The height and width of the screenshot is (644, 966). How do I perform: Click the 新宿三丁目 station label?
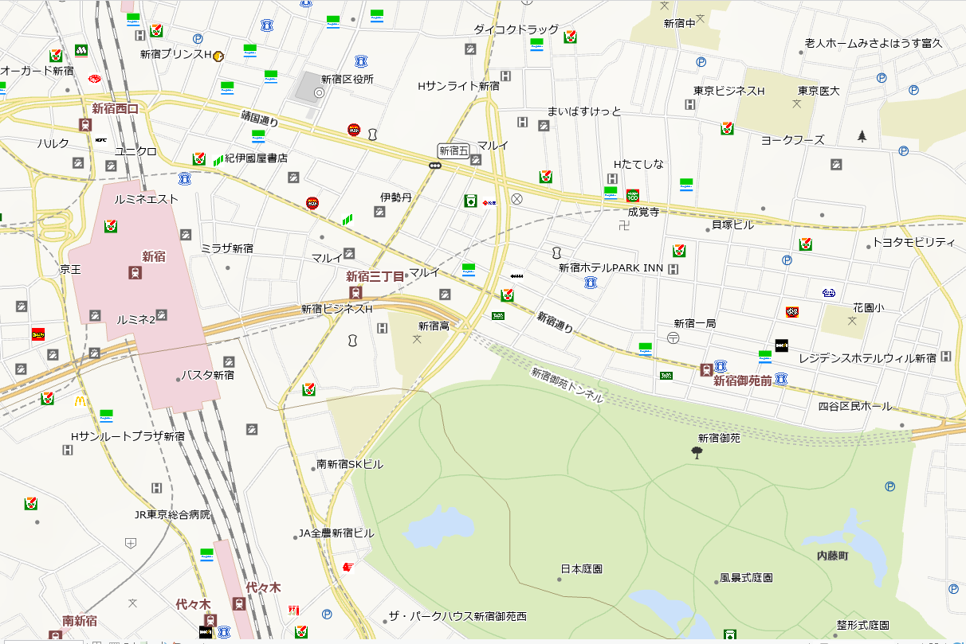[375, 276]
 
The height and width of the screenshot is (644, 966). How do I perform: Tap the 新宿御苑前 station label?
[742, 381]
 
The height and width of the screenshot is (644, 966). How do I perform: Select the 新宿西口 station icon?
[85, 125]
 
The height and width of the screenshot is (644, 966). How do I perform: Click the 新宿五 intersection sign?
[454, 150]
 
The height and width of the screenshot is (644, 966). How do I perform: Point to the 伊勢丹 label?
[395, 197]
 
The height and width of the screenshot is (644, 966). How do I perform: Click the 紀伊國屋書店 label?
[256, 158]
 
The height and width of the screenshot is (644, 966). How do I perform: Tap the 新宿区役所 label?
[348, 80]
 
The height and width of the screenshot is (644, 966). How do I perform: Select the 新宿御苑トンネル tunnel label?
[567, 384]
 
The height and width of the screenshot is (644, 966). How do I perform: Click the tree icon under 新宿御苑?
[697, 453]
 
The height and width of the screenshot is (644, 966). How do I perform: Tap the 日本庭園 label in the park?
[581, 569]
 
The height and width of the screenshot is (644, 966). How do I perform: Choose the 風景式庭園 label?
[746, 577]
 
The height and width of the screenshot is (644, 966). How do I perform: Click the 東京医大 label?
[819, 91]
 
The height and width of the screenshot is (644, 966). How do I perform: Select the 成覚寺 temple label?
[643, 212]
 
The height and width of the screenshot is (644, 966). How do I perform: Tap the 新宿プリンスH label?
[175, 55]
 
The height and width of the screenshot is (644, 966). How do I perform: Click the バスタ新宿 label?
[207, 374]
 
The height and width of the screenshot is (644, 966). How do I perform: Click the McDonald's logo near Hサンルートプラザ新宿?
[80, 402]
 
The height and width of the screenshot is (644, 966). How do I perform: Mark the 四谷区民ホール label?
[855, 407]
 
